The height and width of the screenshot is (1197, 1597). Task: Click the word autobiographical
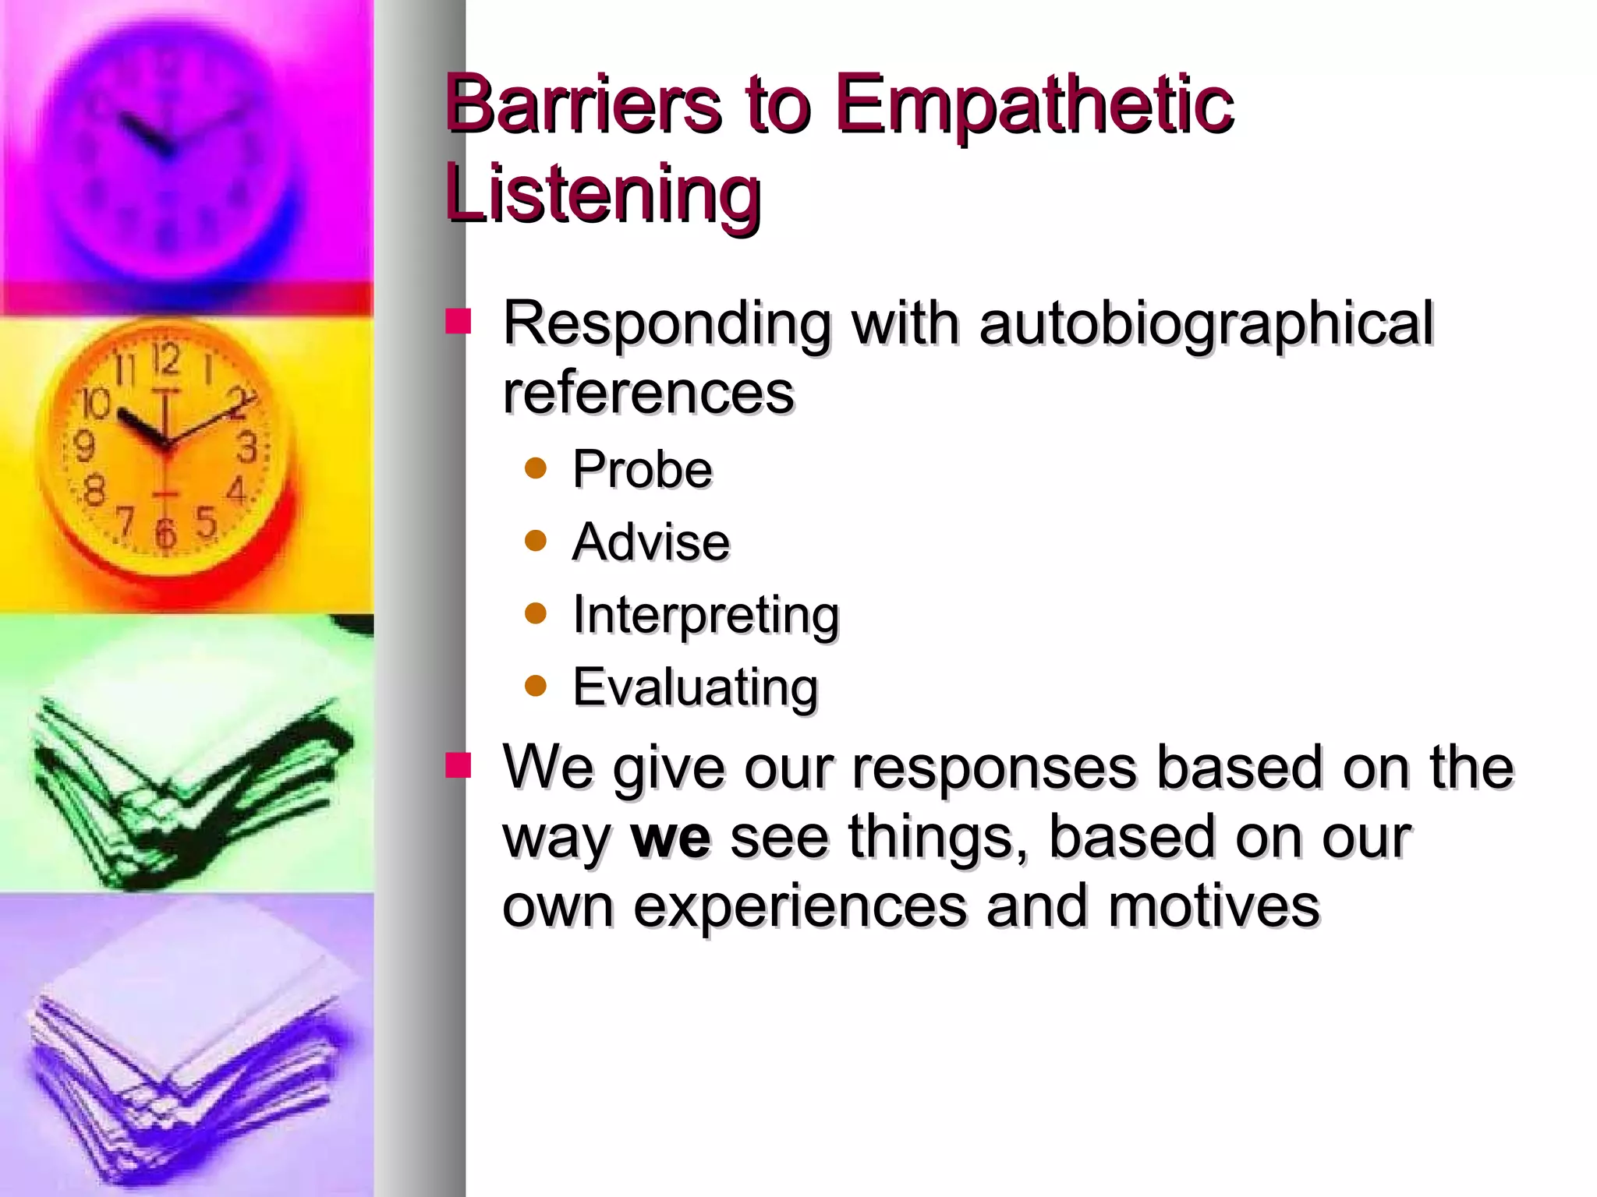pyautogui.click(x=1206, y=323)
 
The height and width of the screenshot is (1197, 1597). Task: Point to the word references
pyautogui.click(x=648, y=392)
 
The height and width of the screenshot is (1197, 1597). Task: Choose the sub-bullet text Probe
pyautogui.click(x=642, y=469)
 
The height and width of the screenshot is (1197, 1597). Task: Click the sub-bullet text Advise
pyautogui.click(x=650, y=542)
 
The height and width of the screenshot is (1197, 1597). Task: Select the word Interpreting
pyautogui.click(x=705, y=616)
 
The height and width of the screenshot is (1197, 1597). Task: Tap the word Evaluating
pyautogui.click(x=695, y=687)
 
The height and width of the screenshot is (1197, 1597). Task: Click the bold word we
pyautogui.click(x=671, y=836)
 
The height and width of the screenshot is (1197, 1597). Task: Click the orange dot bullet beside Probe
pyautogui.click(x=536, y=468)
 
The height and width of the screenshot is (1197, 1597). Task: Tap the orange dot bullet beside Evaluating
pyautogui.click(x=536, y=686)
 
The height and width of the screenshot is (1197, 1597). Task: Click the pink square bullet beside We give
pyautogui.click(x=459, y=766)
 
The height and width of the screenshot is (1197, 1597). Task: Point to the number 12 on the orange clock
pyautogui.click(x=165, y=360)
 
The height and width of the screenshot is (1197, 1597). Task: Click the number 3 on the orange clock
pyautogui.click(x=247, y=447)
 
